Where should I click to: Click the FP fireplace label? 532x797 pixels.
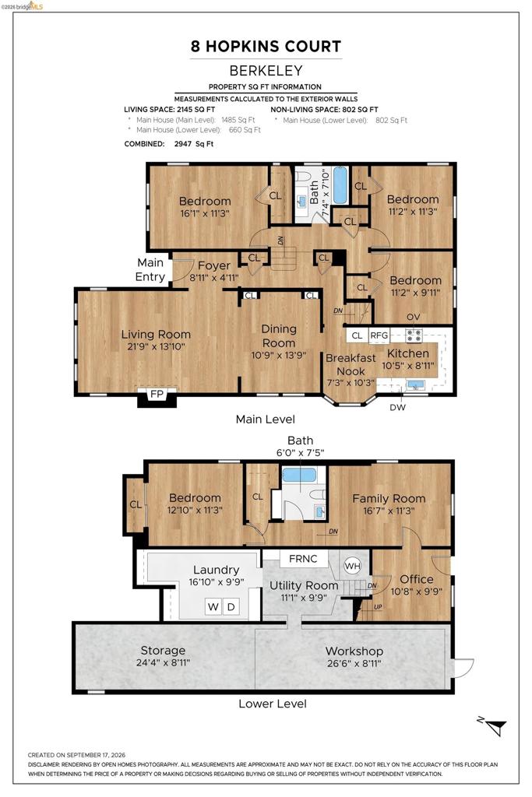[157, 394]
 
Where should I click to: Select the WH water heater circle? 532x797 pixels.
[353, 566]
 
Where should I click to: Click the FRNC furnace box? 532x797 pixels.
[303, 559]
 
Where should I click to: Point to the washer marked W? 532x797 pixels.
[213, 606]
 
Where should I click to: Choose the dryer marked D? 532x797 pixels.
[231, 606]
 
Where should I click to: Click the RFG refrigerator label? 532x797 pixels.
[379, 335]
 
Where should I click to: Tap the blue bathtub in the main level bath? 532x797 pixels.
[340, 184]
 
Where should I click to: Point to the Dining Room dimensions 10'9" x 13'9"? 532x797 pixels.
[279, 355]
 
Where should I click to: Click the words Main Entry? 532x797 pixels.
[150, 269]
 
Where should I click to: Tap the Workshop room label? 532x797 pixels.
[354, 651]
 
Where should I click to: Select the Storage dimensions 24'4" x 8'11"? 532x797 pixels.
[164, 663]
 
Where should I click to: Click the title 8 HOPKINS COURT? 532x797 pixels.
[266, 46]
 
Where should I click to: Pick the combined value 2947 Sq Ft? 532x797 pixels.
[194, 144]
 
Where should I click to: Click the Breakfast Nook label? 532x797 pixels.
[351, 364]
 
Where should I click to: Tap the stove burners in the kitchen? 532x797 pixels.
[414, 335]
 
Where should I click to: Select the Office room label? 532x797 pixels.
[417, 579]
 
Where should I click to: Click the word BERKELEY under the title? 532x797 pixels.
[266, 71]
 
